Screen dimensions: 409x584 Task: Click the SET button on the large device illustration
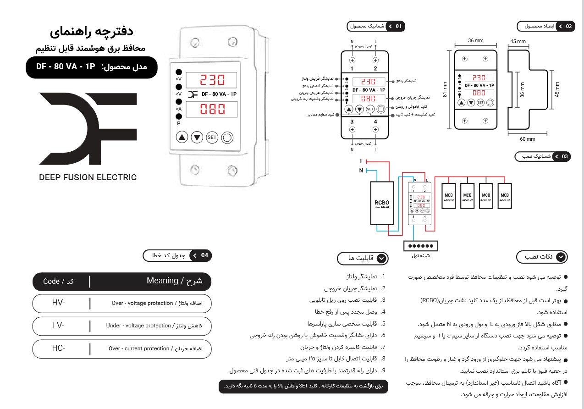click(212, 137)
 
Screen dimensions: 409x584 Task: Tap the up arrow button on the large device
click(182, 137)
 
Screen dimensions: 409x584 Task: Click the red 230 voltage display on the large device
click(211, 80)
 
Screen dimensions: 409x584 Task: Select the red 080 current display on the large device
click(211, 110)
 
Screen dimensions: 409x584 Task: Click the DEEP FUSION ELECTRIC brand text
click(88, 177)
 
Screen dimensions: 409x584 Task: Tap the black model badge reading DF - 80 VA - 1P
click(91, 67)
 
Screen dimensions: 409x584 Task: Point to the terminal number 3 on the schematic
click(352, 122)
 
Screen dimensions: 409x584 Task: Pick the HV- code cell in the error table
click(59, 303)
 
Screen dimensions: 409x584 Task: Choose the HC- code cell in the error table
click(59, 348)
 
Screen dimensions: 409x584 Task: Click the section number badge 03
click(565, 157)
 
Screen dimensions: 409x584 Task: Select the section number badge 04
click(204, 255)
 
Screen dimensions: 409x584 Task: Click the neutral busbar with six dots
click(421, 246)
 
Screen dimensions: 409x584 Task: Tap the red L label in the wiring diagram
click(362, 161)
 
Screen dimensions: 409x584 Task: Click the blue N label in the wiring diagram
click(361, 170)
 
